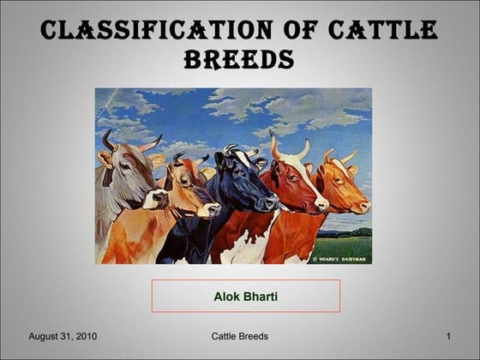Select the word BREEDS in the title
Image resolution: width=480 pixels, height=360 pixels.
click(239, 59)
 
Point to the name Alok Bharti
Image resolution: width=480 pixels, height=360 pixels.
click(246, 296)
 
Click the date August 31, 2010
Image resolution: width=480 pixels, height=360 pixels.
click(63, 337)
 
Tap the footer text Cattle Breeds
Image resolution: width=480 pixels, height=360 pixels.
click(239, 337)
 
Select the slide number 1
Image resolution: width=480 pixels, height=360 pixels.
click(449, 337)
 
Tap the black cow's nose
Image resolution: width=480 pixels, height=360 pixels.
click(271, 201)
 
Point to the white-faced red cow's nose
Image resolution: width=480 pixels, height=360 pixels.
click(321, 204)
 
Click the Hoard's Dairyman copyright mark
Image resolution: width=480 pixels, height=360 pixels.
click(339, 255)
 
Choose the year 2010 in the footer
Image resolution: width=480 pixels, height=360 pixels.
click(86, 337)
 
